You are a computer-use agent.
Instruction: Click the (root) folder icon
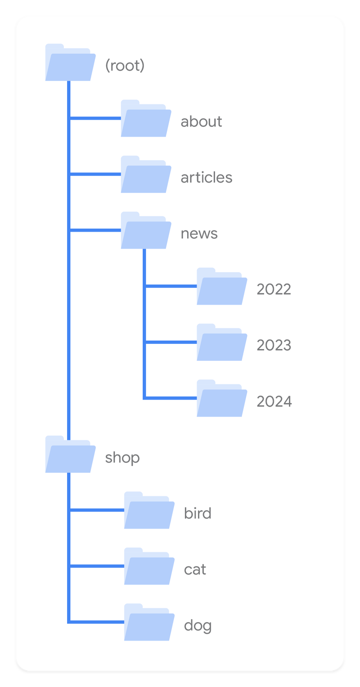[71, 63]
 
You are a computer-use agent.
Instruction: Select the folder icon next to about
[146, 118]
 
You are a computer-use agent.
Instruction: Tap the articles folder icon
[146, 175]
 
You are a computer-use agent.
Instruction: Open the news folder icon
[146, 230]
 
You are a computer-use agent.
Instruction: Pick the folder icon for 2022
[222, 287]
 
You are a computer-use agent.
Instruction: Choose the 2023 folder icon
[222, 342]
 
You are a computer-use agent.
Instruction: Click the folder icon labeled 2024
[222, 399]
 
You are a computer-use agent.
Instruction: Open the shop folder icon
[71, 454]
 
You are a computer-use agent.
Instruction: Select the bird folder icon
[149, 510]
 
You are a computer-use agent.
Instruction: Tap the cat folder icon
[149, 566]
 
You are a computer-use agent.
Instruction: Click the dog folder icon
[149, 622]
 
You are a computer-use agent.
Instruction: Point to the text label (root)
[125, 65]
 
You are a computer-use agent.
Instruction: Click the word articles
[207, 177]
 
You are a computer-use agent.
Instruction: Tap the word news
[199, 233]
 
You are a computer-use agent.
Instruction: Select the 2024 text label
[274, 401]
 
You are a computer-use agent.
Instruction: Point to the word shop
[122, 458]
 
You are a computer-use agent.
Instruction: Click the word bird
[198, 513]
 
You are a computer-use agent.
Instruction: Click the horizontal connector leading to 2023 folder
[171, 342]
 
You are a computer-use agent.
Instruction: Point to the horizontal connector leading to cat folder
[97, 566]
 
